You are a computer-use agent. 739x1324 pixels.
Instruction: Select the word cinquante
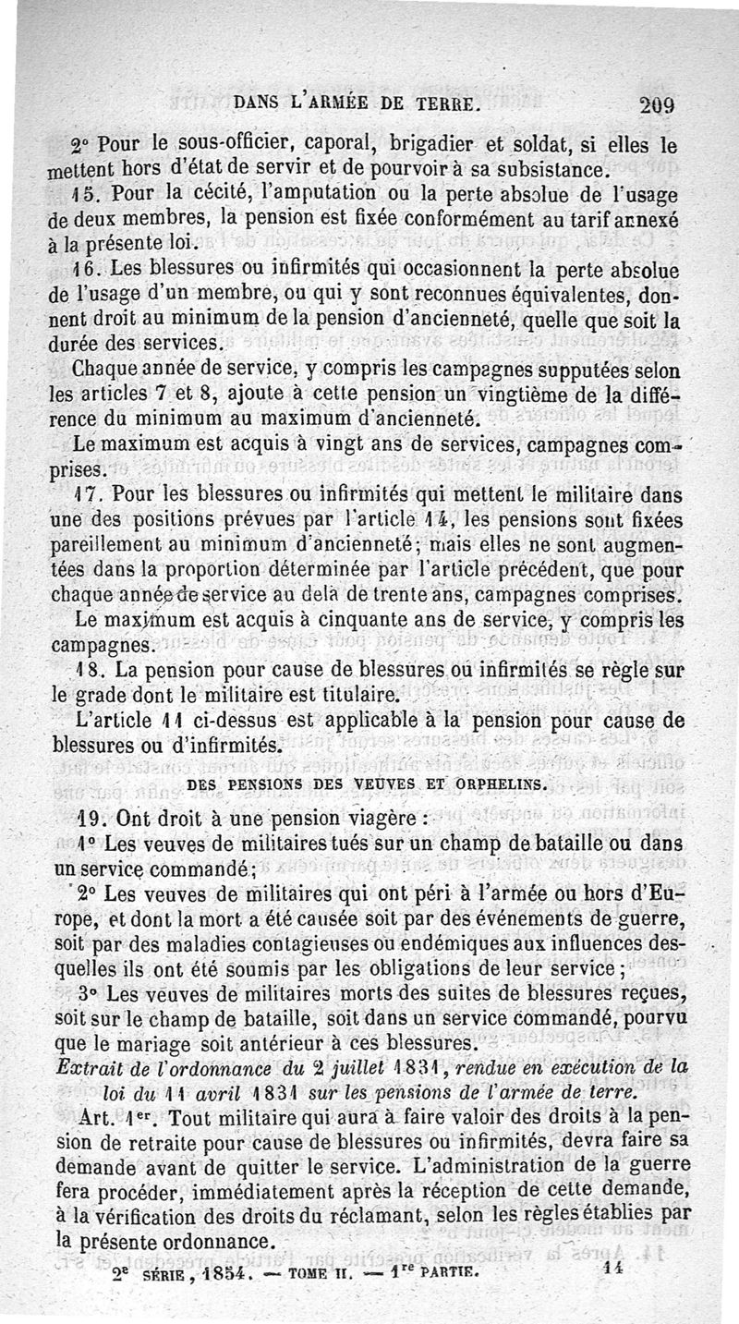coord(398,616)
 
